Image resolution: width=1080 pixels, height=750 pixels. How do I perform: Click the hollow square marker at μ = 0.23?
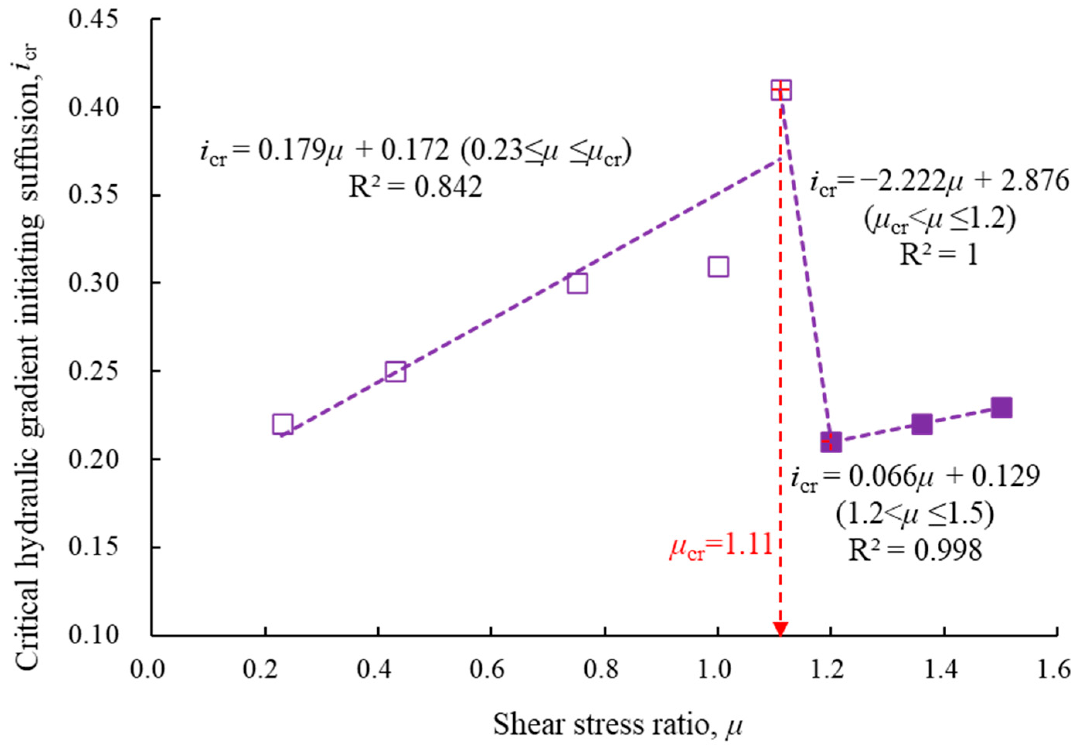(283, 424)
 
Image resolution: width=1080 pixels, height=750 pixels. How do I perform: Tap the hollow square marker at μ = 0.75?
(577, 283)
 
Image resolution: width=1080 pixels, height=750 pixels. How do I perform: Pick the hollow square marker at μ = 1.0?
(718, 267)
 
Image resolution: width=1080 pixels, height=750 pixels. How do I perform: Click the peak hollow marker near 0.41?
(781, 90)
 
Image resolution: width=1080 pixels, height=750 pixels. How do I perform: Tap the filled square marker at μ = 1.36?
(922, 424)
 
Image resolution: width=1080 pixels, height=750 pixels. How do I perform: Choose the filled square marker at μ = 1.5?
(1001, 407)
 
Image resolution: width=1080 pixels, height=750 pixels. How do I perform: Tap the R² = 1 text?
(939, 255)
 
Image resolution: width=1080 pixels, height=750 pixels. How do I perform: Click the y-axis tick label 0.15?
(93, 547)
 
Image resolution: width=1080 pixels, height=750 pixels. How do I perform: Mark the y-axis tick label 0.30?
(93, 283)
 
